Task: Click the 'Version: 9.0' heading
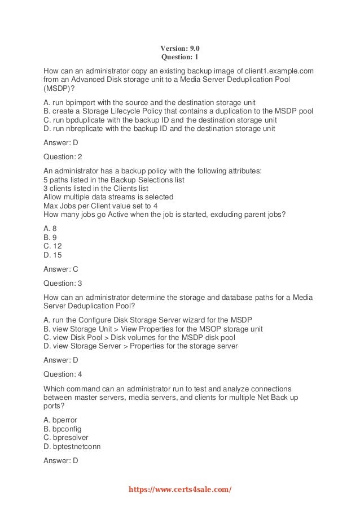(x=180, y=49)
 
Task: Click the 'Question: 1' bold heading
(x=180, y=58)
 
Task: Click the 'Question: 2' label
(x=63, y=157)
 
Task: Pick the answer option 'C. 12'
(x=52, y=246)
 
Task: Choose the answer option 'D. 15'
(x=52, y=255)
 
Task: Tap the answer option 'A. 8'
(x=50, y=229)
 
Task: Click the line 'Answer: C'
(x=60, y=269)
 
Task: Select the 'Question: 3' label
(x=63, y=283)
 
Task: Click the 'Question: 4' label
(x=63, y=374)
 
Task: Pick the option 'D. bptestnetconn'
(x=71, y=447)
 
